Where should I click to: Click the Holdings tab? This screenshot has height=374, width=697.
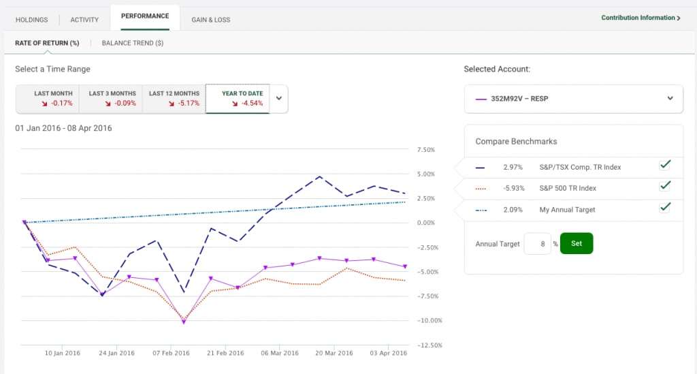coord(31,20)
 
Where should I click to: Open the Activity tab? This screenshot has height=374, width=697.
coord(84,20)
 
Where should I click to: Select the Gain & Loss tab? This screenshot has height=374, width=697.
coord(211,20)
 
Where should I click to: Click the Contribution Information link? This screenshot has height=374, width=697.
coord(641,18)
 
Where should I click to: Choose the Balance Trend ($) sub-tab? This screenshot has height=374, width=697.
coord(133,43)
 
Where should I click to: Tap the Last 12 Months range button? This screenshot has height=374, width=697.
coord(174,99)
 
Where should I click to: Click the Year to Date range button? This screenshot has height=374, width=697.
coord(238,99)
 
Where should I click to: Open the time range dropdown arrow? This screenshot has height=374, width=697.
coord(278,98)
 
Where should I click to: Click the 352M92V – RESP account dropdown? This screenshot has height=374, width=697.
coord(573,99)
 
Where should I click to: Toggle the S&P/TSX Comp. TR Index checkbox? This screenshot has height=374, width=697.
coord(665,165)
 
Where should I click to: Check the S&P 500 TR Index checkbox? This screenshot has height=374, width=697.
coord(665,186)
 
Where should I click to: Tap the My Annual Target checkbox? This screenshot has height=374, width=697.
coord(665,207)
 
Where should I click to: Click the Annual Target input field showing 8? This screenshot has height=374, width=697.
coord(538,244)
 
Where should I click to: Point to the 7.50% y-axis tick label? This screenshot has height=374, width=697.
coord(426,150)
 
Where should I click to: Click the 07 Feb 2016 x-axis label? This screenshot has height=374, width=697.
coord(171,353)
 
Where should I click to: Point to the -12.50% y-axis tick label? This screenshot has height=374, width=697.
coord(429,345)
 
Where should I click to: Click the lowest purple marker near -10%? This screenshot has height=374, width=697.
coord(184,322)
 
